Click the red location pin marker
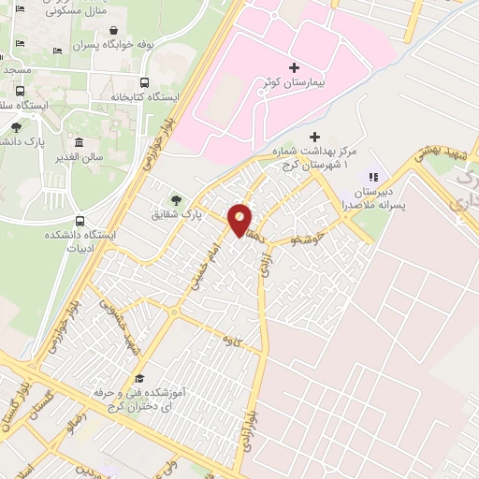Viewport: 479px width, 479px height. pyautogui.click(x=240, y=221)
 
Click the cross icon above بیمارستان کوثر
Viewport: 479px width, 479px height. pyautogui.click(x=294, y=68)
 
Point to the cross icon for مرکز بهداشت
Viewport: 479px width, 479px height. pyautogui.click(x=313, y=138)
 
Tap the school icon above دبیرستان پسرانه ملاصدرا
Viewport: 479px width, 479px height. pyautogui.click(x=373, y=176)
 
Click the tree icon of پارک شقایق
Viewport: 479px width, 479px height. pyautogui.click(x=176, y=198)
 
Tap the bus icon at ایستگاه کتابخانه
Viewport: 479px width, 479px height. pyautogui.click(x=144, y=81)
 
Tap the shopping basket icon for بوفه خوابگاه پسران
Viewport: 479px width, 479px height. pyautogui.click(x=113, y=30)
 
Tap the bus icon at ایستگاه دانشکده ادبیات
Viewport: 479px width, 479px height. pyautogui.click(x=80, y=221)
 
